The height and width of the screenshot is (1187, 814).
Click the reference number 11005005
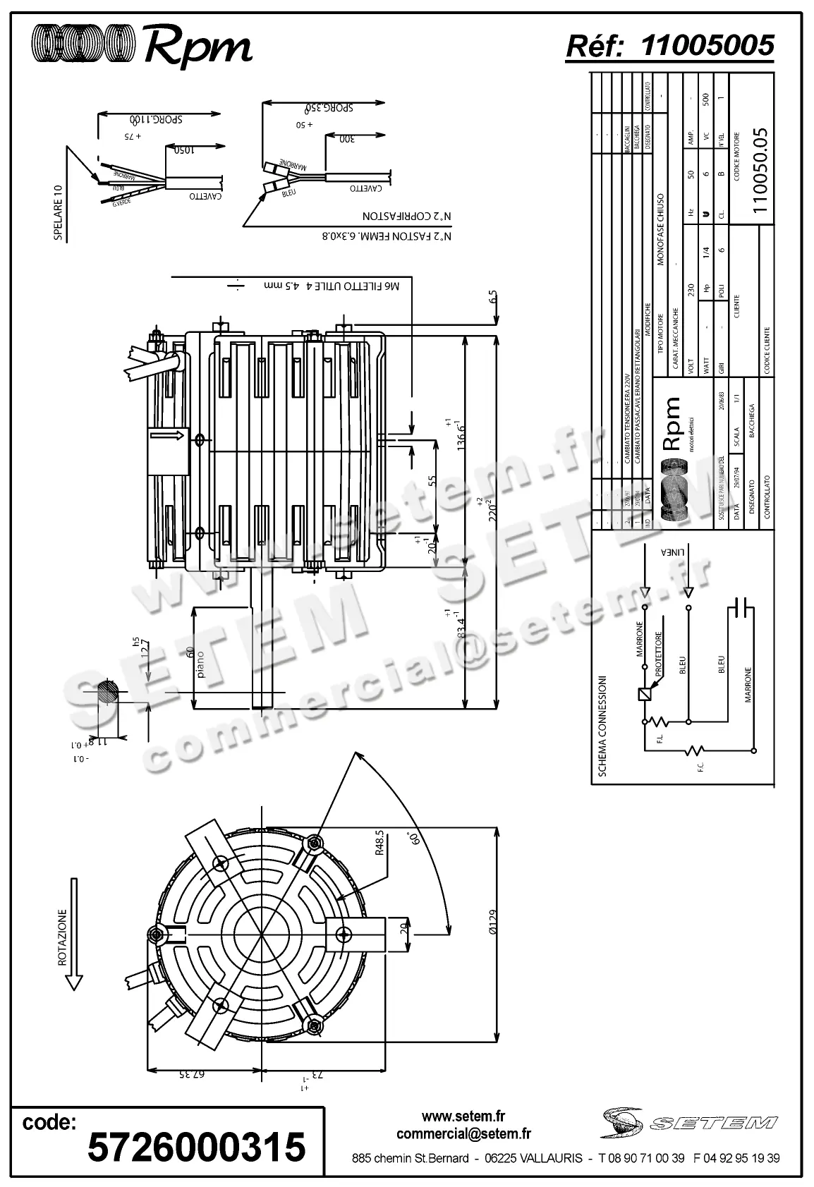707,47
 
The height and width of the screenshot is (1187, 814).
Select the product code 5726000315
196,1146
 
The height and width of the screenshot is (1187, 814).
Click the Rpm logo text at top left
198,47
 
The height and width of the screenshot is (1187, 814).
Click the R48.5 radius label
379,842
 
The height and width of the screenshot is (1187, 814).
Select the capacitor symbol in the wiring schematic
741,606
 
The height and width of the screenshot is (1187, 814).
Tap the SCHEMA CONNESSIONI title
602,726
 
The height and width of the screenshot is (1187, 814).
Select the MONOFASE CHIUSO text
661,229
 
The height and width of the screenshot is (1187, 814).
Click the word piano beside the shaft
201,666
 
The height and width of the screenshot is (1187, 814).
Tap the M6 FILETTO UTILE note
332,286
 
